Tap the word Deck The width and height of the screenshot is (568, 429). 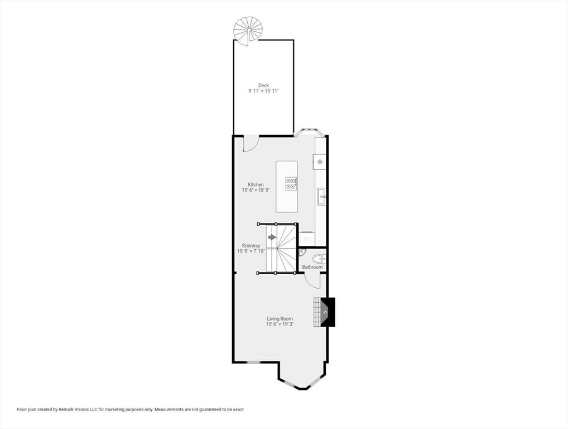point(263,85)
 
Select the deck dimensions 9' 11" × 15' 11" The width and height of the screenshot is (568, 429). point(263,91)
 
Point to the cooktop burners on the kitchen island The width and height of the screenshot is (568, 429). point(291,183)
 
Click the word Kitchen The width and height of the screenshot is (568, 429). point(256,184)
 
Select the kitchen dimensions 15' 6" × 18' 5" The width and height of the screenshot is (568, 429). point(256,190)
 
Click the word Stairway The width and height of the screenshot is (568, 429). point(251,246)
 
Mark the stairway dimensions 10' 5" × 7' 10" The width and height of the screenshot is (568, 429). point(251,251)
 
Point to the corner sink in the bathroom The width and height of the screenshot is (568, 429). point(301,251)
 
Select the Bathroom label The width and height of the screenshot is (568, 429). point(312,267)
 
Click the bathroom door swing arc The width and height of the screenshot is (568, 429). point(311,280)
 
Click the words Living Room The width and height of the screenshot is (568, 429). point(280,319)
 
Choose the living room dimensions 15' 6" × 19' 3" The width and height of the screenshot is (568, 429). point(280,324)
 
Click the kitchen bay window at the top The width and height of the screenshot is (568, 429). point(307,132)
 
